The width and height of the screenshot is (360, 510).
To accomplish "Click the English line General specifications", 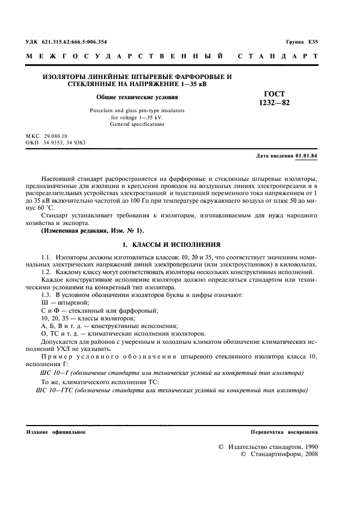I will pyautogui.click(x=137, y=124).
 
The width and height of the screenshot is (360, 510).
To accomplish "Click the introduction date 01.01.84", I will pyautogui.click(x=307, y=156).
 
